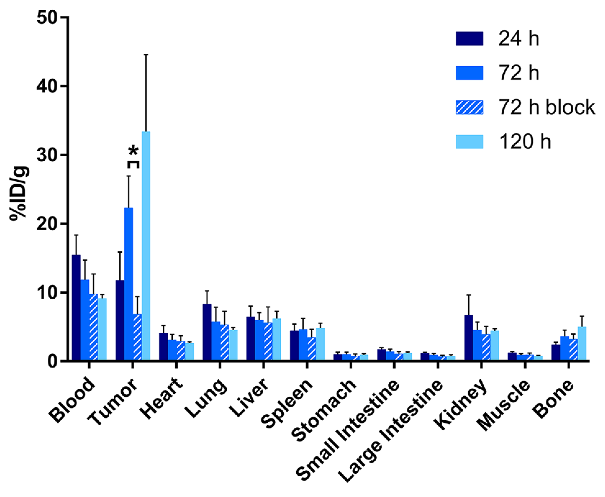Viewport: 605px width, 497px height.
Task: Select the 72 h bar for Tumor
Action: coord(128,283)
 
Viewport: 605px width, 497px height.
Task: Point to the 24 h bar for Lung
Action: coord(207,332)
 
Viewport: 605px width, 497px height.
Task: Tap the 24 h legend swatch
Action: coord(470,39)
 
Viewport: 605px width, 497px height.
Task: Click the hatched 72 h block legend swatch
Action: coord(470,107)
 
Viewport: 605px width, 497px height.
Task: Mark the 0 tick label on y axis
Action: coord(53,361)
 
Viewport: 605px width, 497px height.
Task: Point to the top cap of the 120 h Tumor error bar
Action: coord(146,54)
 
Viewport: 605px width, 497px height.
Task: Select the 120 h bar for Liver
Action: coord(277,339)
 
